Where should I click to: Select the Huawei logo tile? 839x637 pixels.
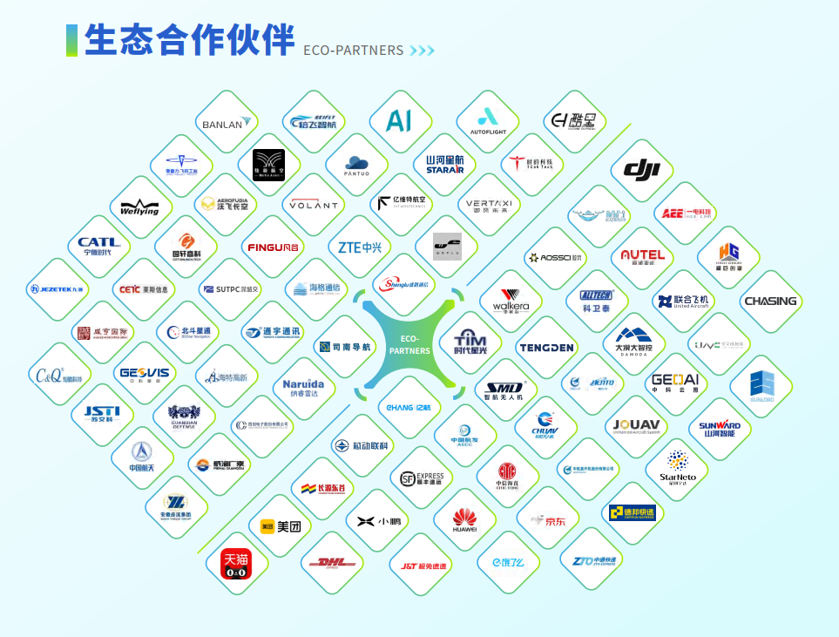click(x=464, y=520)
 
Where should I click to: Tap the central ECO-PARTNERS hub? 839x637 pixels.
click(x=409, y=344)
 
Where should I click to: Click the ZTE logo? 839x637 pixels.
click(x=360, y=247)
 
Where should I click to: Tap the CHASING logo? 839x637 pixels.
click(x=770, y=302)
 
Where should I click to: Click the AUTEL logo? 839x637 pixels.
click(x=643, y=256)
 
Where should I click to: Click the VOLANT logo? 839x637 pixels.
click(x=314, y=206)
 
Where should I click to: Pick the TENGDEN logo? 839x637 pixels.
click(x=547, y=347)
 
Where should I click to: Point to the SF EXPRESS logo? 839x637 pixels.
click(x=422, y=478)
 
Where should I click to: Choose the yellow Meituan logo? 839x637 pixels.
click(x=281, y=526)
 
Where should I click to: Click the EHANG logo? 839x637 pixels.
click(x=409, y=406)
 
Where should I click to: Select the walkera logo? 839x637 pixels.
click(x=511, y=301)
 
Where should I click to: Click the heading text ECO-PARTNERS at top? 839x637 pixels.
click(x=354, y=51)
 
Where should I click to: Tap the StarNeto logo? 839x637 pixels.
click(x=677, y=467)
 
